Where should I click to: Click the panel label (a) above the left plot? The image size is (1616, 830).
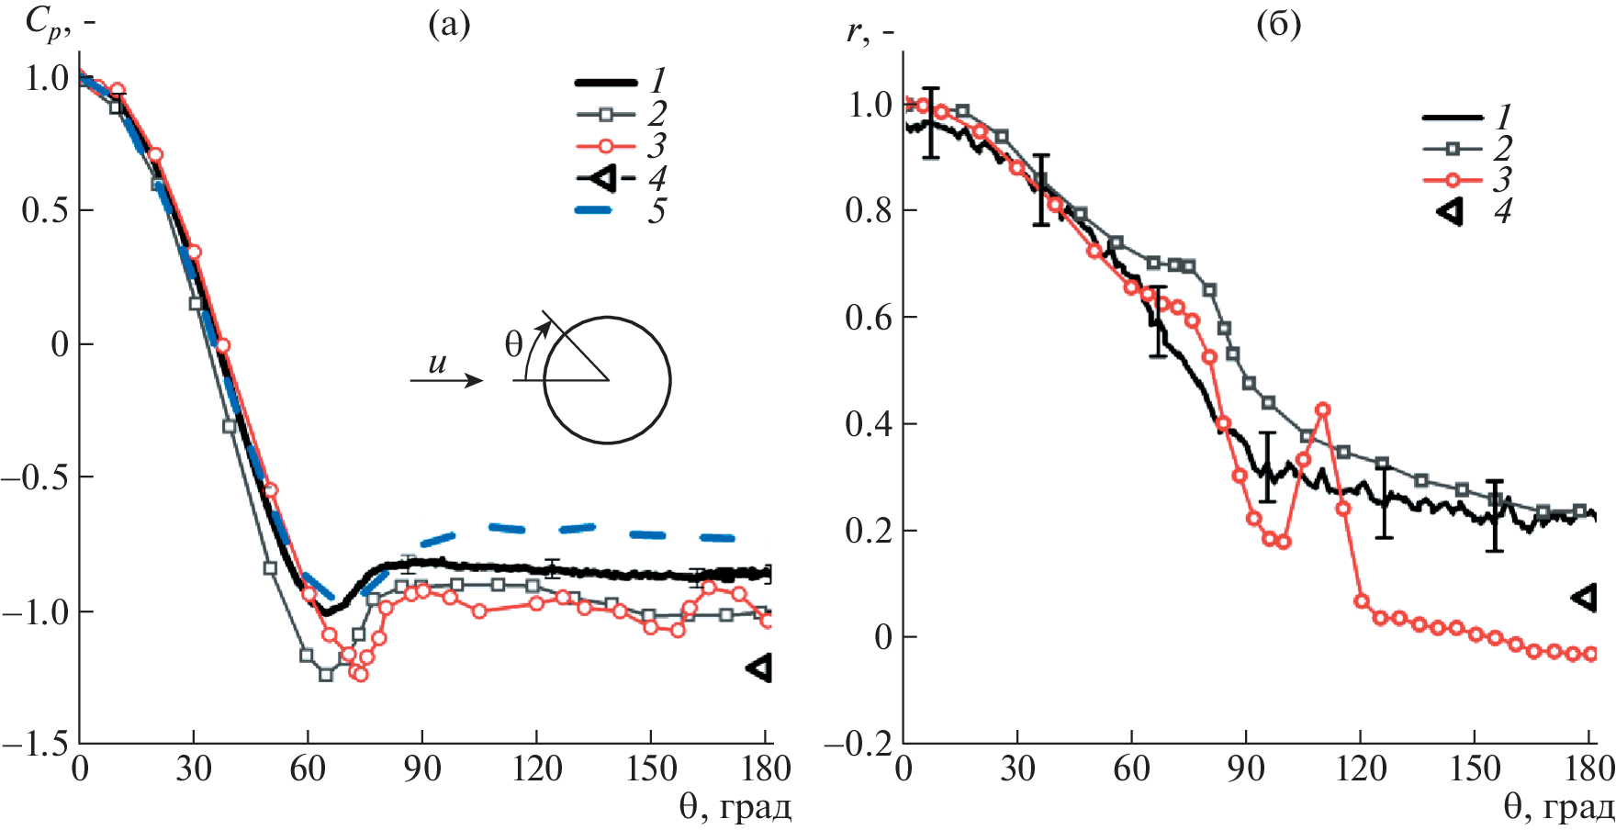[x=449, y=25]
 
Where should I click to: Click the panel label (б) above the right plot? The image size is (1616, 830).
[x=1278, y=25]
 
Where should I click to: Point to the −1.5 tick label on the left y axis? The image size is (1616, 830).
[x=35, y=744]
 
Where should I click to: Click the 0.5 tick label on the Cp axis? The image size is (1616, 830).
[x=46, y=210]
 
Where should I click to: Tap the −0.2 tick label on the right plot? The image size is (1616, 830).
[x=858, y=744]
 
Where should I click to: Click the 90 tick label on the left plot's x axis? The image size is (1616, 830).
[x=421, y=768]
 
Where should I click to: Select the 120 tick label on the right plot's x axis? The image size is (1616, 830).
[x=1360, y=768]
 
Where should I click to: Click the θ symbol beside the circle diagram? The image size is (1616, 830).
[x=513, y=344]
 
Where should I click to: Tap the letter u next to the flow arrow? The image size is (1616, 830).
[x=437, y=364]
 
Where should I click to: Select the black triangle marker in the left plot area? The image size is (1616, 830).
[x=759, y=667]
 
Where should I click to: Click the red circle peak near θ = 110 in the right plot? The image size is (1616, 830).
[x=1323, y=409]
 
